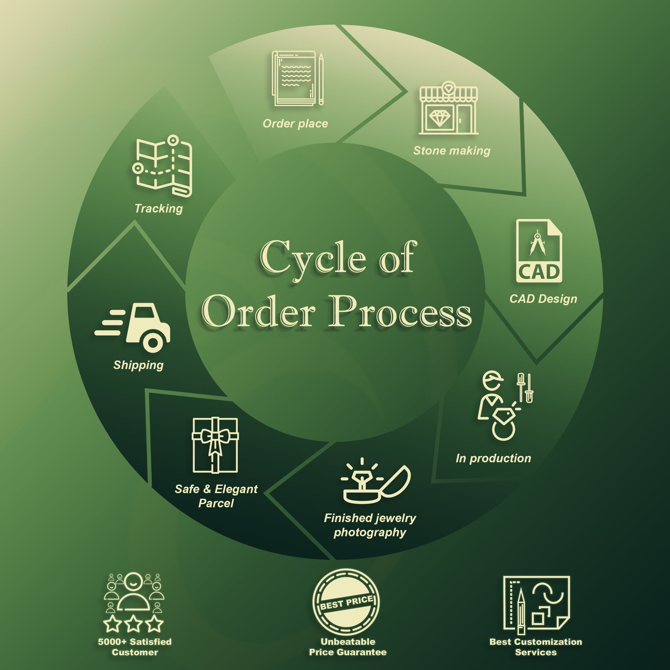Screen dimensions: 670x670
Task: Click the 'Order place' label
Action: (x=295, y=124)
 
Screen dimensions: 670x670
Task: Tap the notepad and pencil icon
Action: (x=297, y=79)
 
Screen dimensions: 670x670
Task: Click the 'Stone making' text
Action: (x=452, y=151)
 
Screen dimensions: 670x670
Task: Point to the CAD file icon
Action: (x=539, y=251)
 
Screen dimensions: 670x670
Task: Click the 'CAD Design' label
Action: (x=543, y=299)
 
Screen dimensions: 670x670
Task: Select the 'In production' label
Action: (x=493, y=459)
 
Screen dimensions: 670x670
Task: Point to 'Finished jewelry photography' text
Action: (x=370, y=525)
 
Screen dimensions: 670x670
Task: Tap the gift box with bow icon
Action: (x=215, y=445)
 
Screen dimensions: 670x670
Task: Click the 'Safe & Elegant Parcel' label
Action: (x=216, y=496)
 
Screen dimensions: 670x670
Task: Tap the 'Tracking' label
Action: (x=159, y=208)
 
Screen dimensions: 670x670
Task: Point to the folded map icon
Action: (x=163, y=166)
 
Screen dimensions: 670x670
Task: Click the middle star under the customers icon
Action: (x=133, y=624)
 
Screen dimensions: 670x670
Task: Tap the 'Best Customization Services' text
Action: (x=536, y=647)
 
